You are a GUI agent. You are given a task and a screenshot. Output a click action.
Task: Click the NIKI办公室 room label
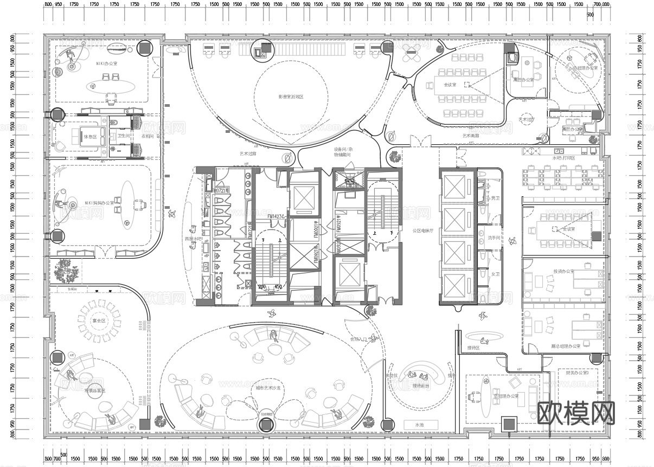coord(107,64)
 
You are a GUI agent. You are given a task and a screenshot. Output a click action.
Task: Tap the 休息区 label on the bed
coord(89,136)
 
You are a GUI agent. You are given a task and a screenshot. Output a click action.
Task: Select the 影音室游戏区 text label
coord(291,97)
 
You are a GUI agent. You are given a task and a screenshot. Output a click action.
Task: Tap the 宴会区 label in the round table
coord(99,321)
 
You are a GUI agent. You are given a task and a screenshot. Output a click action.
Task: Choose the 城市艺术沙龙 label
coord(268,388)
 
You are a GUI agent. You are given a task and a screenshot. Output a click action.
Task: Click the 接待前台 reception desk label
coord(421,386)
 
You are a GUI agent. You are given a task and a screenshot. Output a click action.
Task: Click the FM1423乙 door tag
coord(277,216)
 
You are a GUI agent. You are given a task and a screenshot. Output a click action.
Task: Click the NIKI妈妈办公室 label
coord(99,203)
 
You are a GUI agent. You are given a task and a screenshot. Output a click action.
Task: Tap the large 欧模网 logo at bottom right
coord(576,413)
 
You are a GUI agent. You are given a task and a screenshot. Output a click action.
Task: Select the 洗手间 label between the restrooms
coord(494,238)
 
